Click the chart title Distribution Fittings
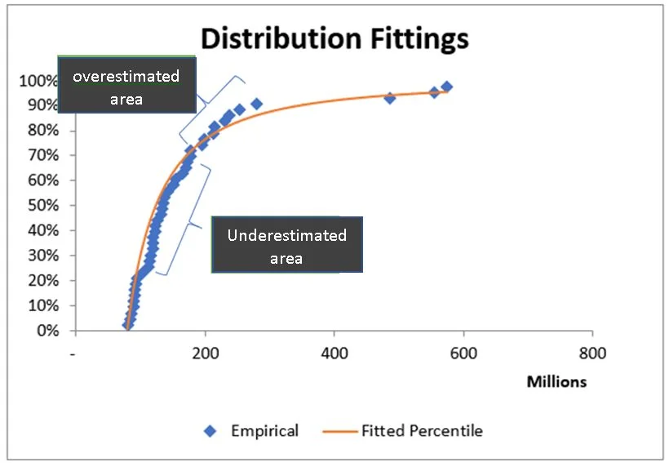[334, 38]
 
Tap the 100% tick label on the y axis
[38, 80]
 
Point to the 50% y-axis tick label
[41, 205]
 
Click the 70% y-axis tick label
[41, 155]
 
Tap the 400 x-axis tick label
[334, 355]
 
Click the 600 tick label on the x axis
[463, 355]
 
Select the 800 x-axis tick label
[592, 355]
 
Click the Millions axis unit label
[556, 381]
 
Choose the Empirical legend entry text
[264, 430]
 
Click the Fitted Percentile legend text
[422, 430]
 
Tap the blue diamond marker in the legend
[211, 430]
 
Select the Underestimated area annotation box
[286, 246]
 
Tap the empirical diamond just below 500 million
[389, 98]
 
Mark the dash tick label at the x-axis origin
[74, 355]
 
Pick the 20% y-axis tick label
[41, 280]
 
